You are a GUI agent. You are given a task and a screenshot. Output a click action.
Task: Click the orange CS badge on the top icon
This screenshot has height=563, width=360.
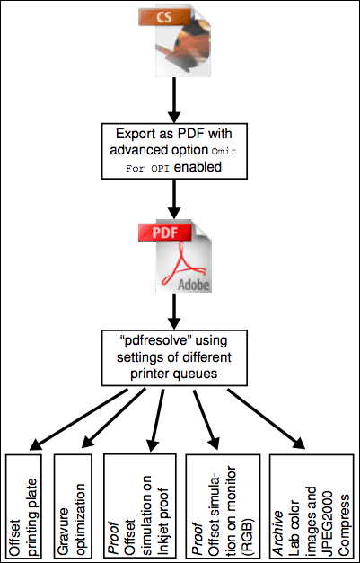point(164,17)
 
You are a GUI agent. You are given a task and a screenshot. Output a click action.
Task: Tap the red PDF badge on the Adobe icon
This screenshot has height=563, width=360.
point(165,232)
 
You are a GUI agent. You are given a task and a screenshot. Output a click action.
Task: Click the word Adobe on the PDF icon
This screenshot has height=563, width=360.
point(194,285)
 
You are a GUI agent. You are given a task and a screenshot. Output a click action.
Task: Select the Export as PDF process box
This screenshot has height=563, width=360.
point(174,151)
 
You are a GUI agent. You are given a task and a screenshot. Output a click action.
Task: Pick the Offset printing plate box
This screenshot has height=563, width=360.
point(23,506)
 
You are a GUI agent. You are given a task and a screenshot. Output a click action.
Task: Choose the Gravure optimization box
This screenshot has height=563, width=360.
point(73,506)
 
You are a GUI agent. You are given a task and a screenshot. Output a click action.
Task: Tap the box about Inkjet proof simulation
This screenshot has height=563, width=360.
point(140,506)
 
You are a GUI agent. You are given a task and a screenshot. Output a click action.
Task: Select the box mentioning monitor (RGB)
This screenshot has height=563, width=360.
point(223,506)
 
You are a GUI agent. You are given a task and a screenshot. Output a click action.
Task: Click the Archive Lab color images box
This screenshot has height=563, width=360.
point(312,506)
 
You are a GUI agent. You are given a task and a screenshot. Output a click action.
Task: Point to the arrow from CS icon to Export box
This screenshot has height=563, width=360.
point(174,100)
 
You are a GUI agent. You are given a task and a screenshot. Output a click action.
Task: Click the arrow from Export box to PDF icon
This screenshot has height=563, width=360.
point(174,199)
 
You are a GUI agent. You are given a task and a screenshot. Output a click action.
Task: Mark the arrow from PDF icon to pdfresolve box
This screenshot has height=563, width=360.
point(174,311)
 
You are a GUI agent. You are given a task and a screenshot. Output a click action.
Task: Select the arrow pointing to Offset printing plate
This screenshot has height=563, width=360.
point(79,419)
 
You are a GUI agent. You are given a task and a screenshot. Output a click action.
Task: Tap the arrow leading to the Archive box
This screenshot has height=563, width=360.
point(267,419)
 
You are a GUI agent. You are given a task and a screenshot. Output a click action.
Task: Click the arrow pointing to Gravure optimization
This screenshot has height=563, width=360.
point(114,418)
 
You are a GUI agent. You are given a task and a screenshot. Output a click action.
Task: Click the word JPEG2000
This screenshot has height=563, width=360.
point(329,523)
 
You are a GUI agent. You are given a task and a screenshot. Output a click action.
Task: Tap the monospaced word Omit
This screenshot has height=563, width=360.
point(224,152)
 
